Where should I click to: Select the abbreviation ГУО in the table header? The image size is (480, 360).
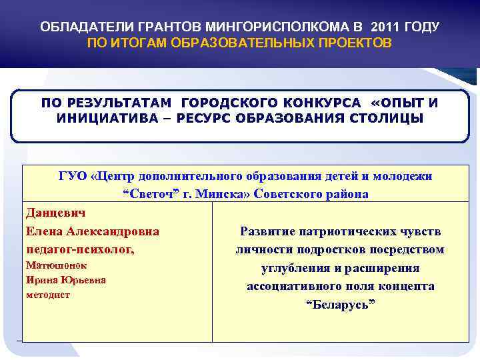click(x=73, y=177)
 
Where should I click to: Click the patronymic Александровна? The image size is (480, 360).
click(x=117, y=231)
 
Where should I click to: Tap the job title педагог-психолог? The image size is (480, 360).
click(x=79, y=250)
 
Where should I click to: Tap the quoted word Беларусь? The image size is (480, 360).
click(x=340, y=305)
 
